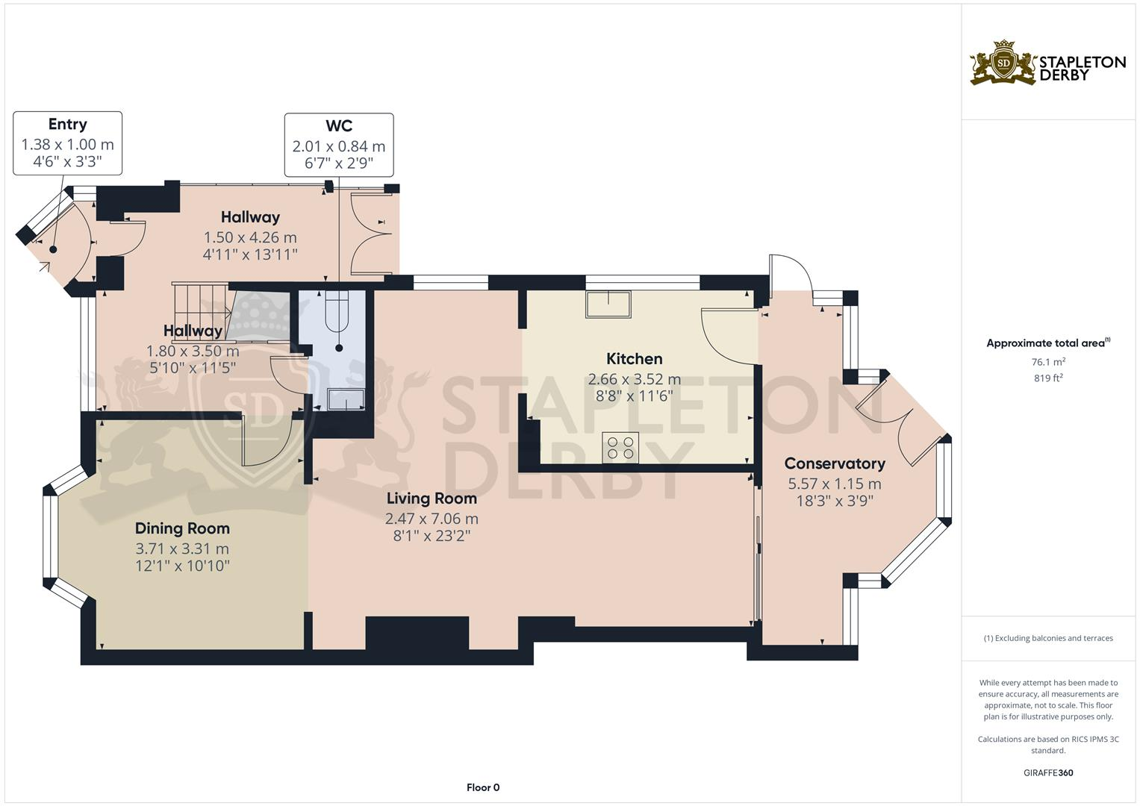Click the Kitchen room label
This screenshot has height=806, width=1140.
(x=634, y=359)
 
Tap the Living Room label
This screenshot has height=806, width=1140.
(x=432, y=499)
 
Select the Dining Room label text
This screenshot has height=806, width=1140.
(x=182, y=528)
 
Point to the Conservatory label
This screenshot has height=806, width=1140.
(x=835, y=463)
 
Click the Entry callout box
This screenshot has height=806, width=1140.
(x=67, y=143)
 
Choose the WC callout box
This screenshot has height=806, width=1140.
(x=339, y=145)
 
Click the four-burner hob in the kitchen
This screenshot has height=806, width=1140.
(x=620, y=446)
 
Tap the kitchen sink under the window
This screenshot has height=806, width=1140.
(x=608, y=304)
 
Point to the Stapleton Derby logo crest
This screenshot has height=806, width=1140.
(x=1003, y=63)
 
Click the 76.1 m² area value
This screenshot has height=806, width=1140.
(x=1048, y=362)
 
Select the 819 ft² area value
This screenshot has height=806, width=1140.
(x=1048, y=378)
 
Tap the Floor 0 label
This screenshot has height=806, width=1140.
(x=483, y=787)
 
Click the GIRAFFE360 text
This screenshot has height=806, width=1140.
(x=1048, y=773)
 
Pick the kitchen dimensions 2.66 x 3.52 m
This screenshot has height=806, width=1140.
(x=634, y=379)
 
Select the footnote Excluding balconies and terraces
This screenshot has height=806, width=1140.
(x=1048, y=638)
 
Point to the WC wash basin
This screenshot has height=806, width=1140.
(x=347, y=399)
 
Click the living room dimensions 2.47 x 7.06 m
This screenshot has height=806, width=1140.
(x=432, y=519)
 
